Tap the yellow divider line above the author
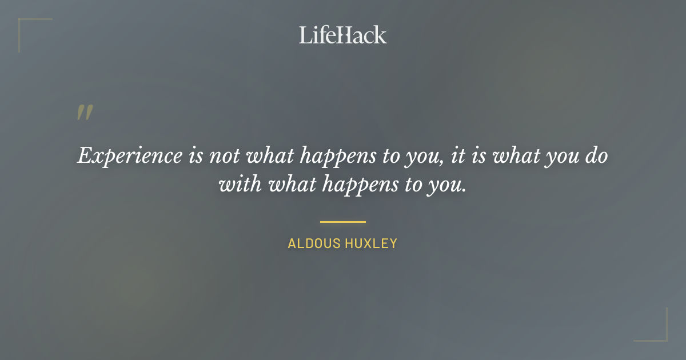[x=342, y=222]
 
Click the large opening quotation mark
[x=85, y=113]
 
